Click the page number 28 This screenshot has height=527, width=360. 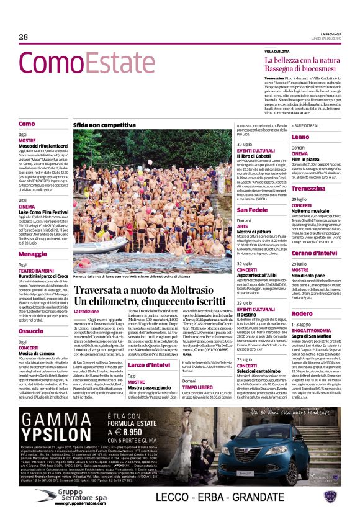[24, 37]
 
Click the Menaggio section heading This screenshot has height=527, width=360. [33, 254]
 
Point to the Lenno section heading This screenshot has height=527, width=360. [300, 137]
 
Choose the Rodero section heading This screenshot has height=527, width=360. [302, 313]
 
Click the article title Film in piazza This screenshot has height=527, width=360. [307, 159]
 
